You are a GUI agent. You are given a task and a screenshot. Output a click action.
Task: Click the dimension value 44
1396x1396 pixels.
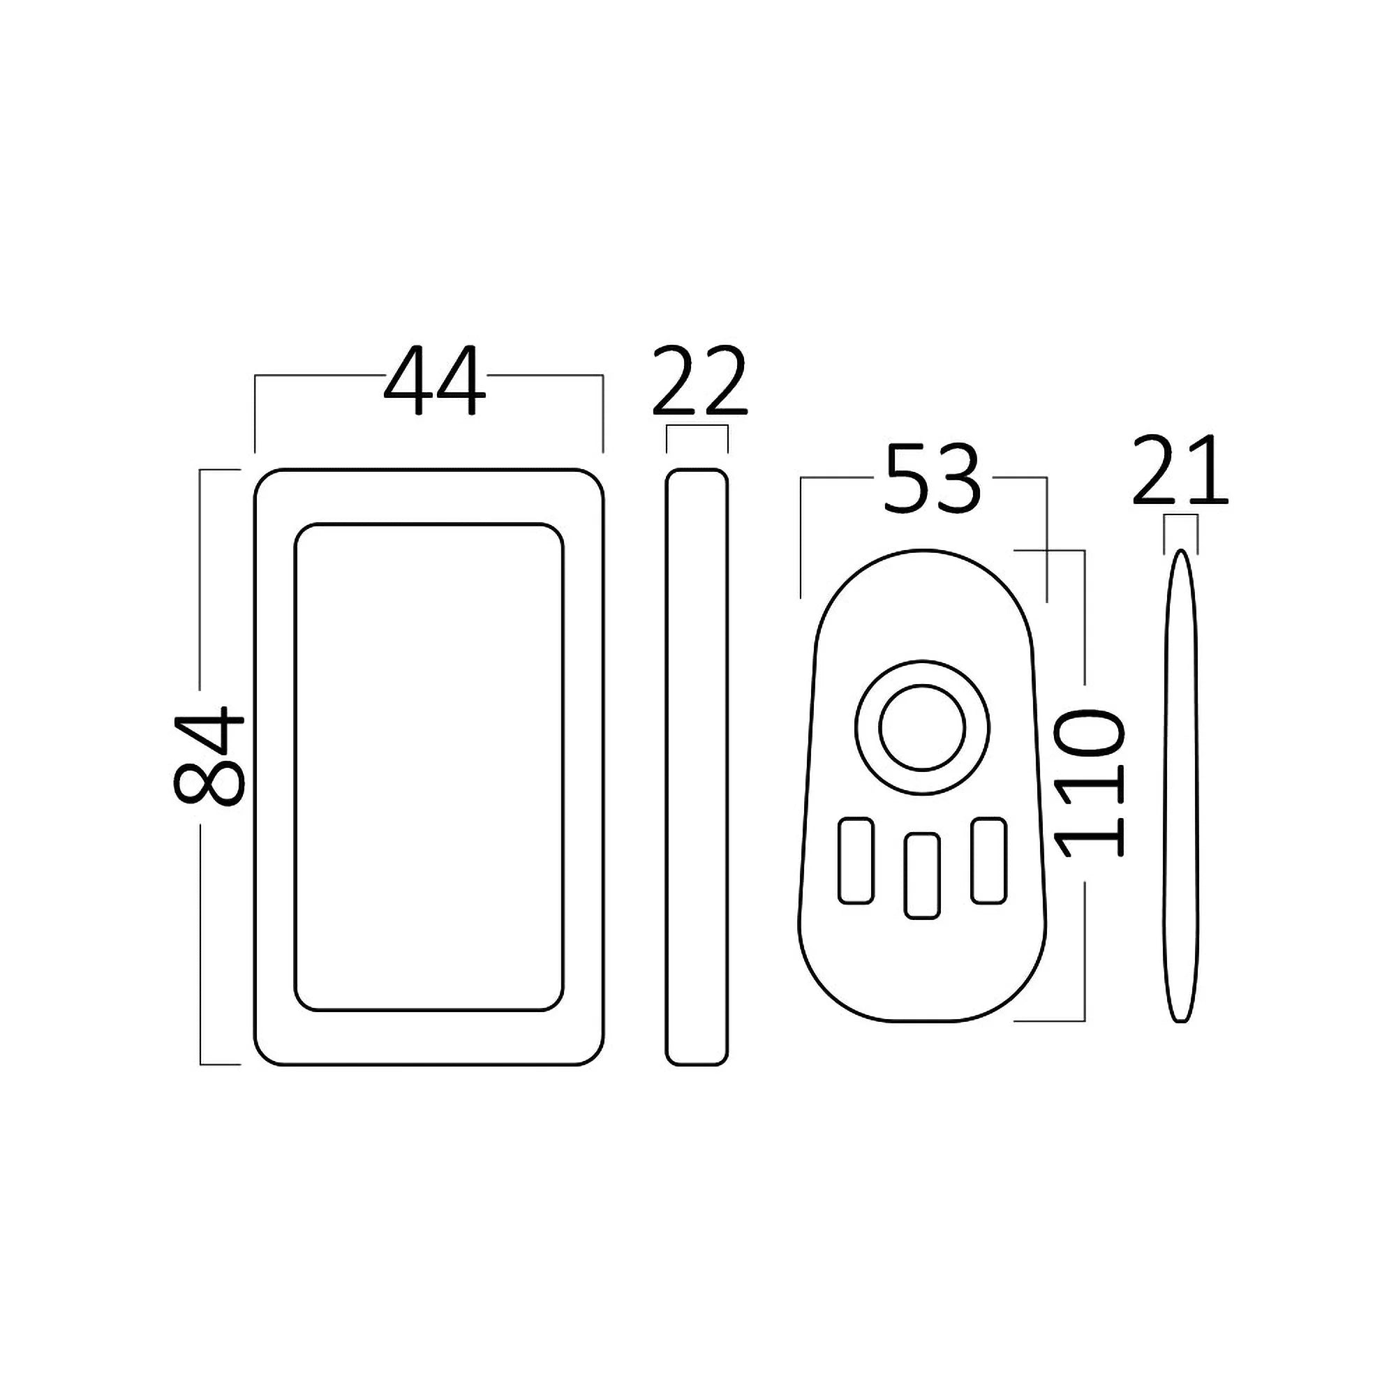pyautogui.click(x=434, y=381)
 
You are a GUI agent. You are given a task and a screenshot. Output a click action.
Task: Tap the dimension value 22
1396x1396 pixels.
pyautogui.click(x=699, y=381)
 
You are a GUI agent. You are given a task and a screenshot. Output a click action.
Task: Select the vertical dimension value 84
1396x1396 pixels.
pyautogui.click(x=209, y=756)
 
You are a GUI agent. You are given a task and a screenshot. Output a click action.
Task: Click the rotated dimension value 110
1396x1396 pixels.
pyautogui.click(x=1089, y=782)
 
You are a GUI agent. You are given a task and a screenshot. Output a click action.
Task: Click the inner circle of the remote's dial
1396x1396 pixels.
pyautogui.click(x=922, y=728)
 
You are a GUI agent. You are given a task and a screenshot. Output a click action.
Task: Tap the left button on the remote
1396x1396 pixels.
pyautogui.click(x=856, y=860)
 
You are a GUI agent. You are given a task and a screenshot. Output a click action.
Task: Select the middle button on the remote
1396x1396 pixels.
pyautogui.click(x=922, y=877)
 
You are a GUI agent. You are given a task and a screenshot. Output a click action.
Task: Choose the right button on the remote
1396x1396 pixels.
pyautogui.click(x=988, y=860)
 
